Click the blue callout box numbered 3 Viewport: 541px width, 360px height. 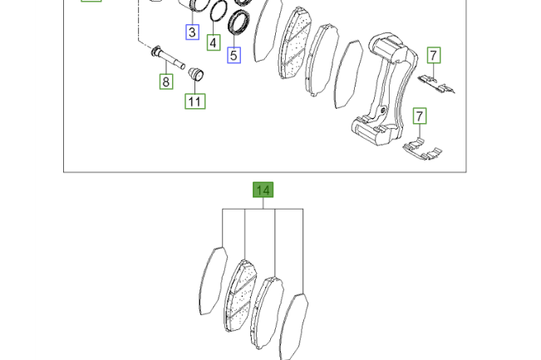pos(192,32)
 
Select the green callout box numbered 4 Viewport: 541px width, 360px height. pos(214,42)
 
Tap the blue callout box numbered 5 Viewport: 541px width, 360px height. pos(234,55)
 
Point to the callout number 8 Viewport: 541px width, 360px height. pos(166,81)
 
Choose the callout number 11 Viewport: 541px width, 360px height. pos(195,101)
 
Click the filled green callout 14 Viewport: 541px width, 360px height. pos(263,190)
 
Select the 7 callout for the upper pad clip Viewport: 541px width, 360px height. pos(434,55)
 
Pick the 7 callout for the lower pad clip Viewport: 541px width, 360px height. pos(420,116)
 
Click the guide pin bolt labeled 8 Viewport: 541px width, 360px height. pos(168,57)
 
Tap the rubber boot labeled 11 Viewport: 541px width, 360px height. pos(196,74)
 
